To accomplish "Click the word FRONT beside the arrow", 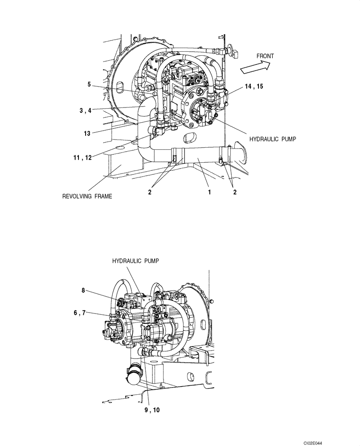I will [x=265, y=56].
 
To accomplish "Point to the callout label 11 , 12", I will [x=83, y=157].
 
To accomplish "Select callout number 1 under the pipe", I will [x=209, y=192].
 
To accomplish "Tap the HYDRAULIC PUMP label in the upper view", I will [x=273, y=139].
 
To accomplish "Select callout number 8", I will [x=83, y=290].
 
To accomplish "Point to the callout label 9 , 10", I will [x=152, y=410].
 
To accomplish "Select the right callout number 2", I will [x=234, y=192].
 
